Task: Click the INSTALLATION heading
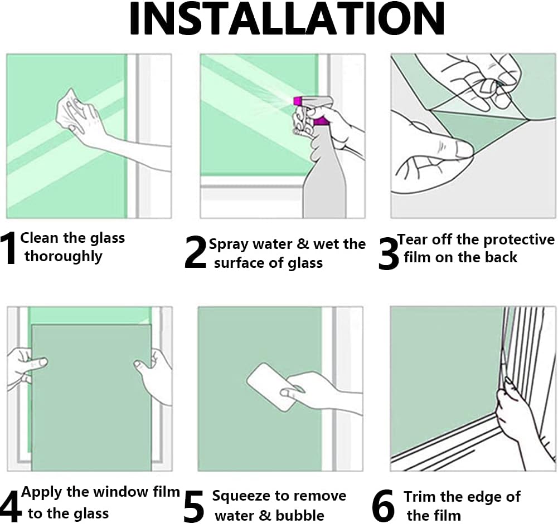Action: (287, 18)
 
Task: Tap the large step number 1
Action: (8, 248)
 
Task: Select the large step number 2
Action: (195, 252)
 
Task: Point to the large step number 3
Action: (389, 253)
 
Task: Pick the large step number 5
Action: (194, 506)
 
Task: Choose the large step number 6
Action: (383, 506)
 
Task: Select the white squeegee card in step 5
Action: (272, 387)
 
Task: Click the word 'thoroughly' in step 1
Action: (64, 257)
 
